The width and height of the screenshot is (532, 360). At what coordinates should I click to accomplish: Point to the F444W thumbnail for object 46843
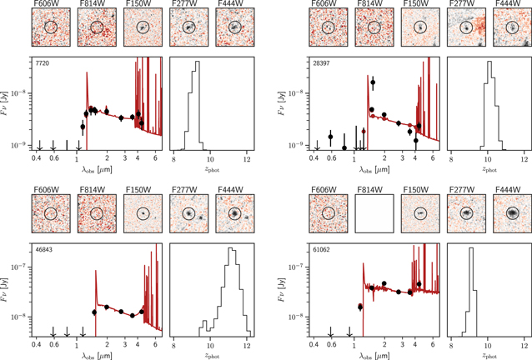(x=232, y=214)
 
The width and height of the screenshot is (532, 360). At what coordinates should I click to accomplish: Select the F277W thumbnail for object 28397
(x=464, y=28)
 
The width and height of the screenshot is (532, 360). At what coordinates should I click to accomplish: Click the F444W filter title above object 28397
(x=510, y=5)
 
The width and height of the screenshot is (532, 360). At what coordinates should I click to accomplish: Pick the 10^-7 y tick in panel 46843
(x=15, y=269)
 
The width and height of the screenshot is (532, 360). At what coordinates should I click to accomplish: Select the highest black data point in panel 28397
(x=373, y=82)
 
